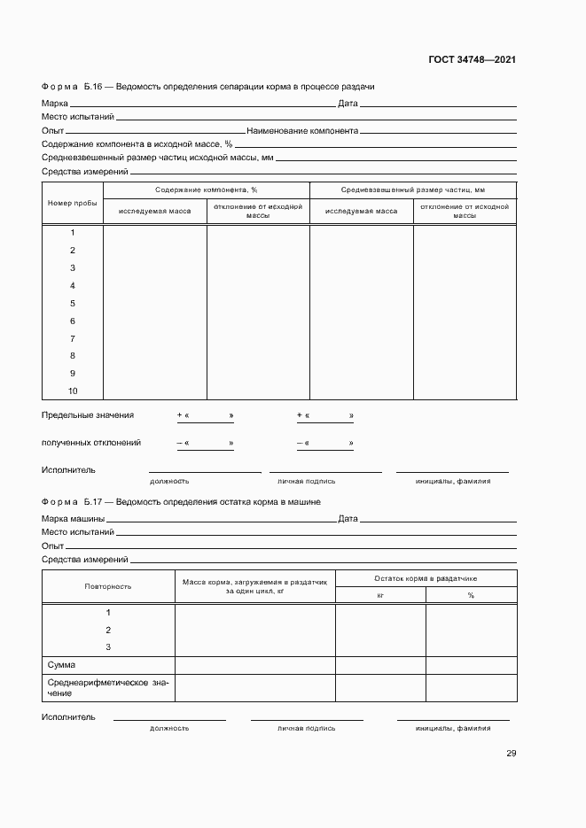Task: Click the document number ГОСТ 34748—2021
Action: coord(471,60)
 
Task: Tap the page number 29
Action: coord(511,754)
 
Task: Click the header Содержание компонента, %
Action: coord(206,190)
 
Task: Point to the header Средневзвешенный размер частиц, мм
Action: coord(413,190)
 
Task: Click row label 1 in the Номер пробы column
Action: coord(73,233)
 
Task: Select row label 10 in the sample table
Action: coord(73,391)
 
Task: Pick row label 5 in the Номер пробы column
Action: coord(73,304)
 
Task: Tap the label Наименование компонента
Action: coord(302,130)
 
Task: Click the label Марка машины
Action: coord(74,519)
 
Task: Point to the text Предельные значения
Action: coord(88,415)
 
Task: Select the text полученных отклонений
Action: coord(91,443)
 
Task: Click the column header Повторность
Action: coord(108,586)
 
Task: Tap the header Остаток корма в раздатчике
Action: coord(426,577)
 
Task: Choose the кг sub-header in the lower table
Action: coord(380,596)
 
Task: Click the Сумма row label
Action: coord(61,665)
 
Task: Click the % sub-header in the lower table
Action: coord(471,596)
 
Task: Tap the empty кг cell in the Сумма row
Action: coord(380,665)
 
